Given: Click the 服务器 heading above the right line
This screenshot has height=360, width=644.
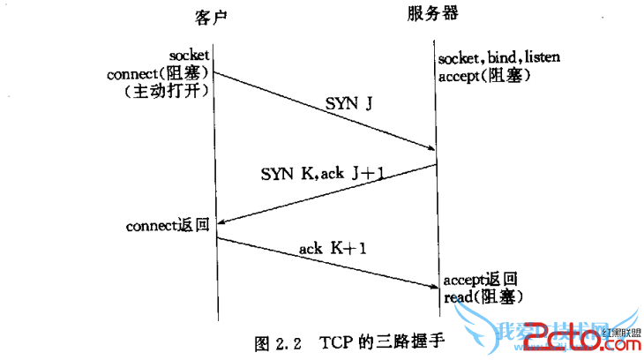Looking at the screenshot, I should pyautogui.click(x=432, y=14).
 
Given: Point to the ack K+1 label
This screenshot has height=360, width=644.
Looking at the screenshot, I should pyautogui.click(x=332, y=249).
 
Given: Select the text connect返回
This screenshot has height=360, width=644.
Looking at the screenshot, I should pyautogui.click(x=167, y=227).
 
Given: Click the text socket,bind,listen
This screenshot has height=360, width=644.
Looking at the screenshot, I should pyautogui.click(x=498, y=58).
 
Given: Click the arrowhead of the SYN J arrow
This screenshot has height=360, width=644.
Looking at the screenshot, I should pyautogui.click(x=430, y=148).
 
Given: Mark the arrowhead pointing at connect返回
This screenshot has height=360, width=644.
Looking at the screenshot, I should pyautogui.click(x=221, y=223).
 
